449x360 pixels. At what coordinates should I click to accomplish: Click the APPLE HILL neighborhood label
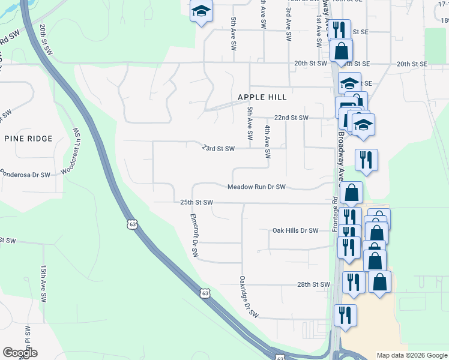point(262,97)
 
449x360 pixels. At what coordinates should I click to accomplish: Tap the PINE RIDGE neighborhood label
point(28,139)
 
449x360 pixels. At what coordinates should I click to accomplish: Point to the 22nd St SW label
point(291,118)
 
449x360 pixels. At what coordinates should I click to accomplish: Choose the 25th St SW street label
point(197,203)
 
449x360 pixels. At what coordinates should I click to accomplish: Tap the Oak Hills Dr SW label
point(295,230)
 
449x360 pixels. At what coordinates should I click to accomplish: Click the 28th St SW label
point(313,284)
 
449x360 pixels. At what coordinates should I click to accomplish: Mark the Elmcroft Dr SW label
point(194,235)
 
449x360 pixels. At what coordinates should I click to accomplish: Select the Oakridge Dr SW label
point(248,296)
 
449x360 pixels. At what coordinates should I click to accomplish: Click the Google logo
point(20,353)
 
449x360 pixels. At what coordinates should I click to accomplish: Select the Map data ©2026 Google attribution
point(411,355)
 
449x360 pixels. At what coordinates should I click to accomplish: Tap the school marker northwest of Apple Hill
point(201,11)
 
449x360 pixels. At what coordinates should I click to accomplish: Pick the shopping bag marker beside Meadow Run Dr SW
point(352,193)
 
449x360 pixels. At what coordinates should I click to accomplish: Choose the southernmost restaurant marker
point(345,315)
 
